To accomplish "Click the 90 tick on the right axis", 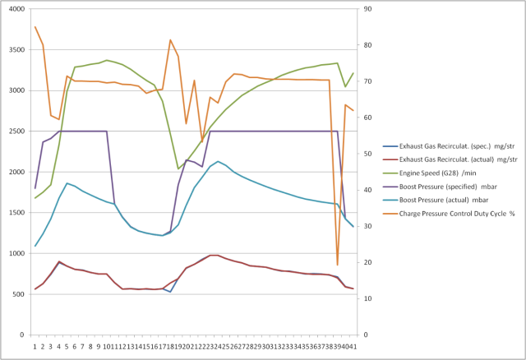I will point(367,9).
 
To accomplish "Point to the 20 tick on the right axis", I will point(367,262).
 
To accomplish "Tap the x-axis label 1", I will point(35,346).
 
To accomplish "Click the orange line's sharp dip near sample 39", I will point(337,265).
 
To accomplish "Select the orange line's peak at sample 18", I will point(170,39).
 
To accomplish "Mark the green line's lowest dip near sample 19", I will point(178,168).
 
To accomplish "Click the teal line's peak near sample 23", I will point(218,161).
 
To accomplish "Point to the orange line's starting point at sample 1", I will point(35,27).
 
